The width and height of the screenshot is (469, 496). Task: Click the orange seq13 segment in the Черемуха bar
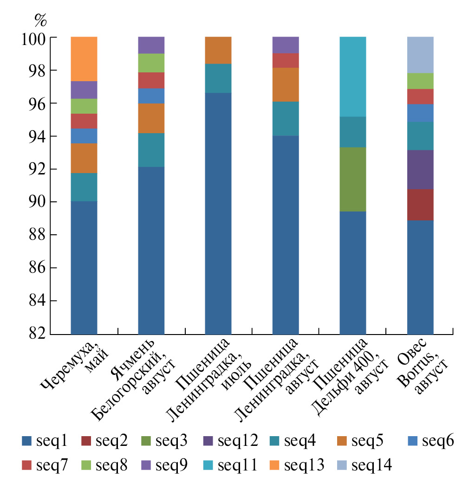coord(84,59)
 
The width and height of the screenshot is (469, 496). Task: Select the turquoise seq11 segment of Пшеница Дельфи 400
coord(353,77)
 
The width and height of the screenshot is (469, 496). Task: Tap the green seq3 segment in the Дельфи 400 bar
coord(353,179)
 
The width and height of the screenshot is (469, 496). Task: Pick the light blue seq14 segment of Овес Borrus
coord(420,55)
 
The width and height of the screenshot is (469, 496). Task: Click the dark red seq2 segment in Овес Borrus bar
coord(420,205)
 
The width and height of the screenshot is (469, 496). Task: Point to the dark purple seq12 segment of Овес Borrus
coord(420,169)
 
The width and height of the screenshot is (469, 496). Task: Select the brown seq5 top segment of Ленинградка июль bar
coord(218,50)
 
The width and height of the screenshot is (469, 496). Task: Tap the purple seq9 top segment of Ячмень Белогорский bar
coord(151,45)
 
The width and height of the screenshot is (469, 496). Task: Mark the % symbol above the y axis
coord(40,19)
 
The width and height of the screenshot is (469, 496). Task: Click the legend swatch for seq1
coord(27,441)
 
